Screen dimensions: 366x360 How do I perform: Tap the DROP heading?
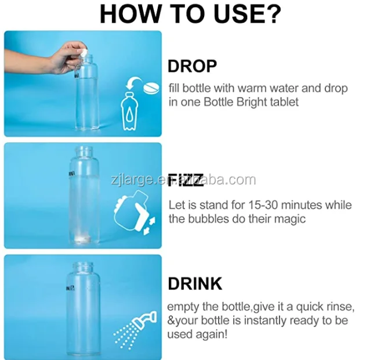pos(192,66)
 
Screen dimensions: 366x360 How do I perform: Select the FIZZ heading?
pos(186,180)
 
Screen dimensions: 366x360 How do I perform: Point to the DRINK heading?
pos(195,283)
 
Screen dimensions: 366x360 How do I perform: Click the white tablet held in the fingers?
pos(84,52)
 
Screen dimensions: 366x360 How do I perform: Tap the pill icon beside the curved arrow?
pos(151,88)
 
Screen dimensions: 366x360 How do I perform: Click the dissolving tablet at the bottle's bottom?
pos(83,239)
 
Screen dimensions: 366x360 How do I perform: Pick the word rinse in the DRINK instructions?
pos(342,307)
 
